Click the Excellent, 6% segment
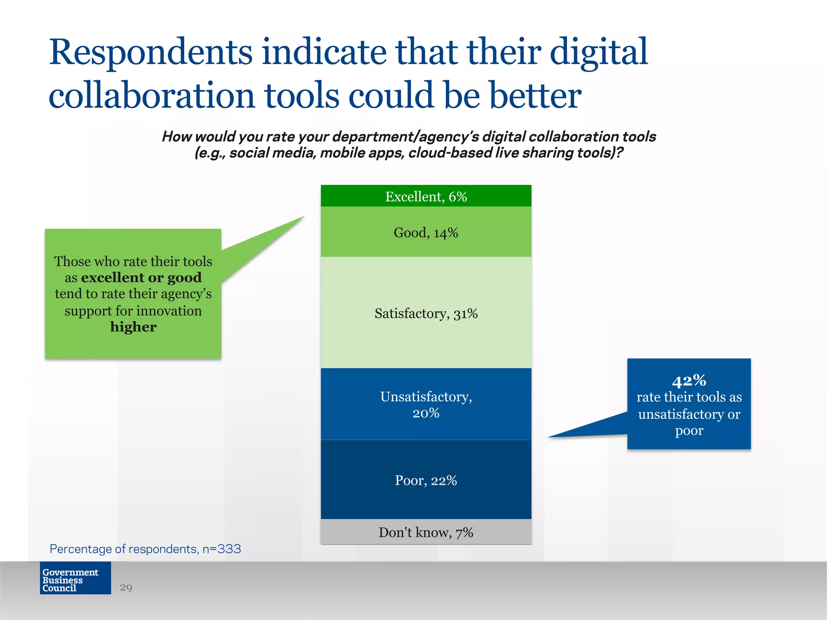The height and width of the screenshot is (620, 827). (x=426, y=196)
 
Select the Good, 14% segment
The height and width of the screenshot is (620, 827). (x=426, y=232)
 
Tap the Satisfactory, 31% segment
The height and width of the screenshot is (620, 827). (x=426, y=313)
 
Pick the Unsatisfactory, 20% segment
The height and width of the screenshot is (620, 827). (x=426, y=404)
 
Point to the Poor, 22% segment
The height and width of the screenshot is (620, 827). (x=426, y=480)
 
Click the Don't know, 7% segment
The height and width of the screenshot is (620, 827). (x=426, y=532)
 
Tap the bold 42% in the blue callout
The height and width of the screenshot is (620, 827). (x=689, y=380)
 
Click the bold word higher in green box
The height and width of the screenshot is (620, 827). (x=133, y=327)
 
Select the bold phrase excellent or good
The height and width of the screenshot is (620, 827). (x=141, y=277)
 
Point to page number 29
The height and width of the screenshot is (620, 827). (x=126, y=587)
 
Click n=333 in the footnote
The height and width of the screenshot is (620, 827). (x=222, y=549)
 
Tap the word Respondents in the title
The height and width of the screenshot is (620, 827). (x=151, y=52)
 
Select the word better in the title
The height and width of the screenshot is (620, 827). (x=535, y=96)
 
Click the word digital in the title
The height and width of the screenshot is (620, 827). (x=598, y=52)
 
